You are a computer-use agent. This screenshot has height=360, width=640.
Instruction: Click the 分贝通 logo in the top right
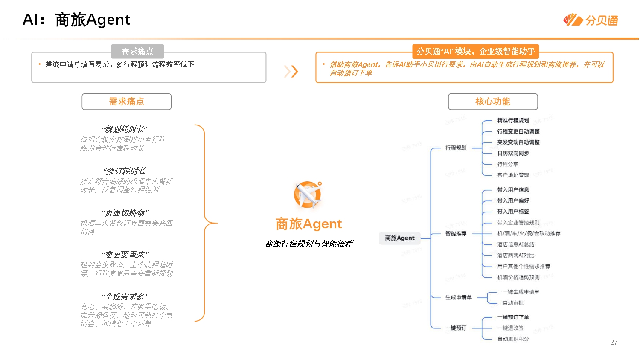591,20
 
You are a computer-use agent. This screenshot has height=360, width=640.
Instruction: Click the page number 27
614,342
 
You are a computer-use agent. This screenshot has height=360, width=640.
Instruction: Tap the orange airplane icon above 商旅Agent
308,195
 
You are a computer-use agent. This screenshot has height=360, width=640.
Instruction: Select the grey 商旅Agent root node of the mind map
399,238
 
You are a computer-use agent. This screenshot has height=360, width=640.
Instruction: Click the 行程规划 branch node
456,148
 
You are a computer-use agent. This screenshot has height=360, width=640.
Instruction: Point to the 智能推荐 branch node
456,233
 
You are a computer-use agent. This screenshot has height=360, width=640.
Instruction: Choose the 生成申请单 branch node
458,297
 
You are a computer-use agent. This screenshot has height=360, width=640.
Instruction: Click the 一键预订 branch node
456,328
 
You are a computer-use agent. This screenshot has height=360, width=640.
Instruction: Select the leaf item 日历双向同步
513,153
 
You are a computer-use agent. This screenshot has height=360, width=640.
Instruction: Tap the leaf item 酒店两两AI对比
515,255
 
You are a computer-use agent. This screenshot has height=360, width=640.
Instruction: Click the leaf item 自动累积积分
513,339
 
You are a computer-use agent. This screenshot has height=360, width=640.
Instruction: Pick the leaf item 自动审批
513,303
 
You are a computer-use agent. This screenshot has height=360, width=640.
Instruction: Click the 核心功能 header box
493,102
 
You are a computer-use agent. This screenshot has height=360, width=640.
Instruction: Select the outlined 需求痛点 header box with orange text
126,102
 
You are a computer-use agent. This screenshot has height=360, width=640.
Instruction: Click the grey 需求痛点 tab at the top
137,52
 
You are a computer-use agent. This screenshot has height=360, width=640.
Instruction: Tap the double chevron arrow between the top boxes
291,71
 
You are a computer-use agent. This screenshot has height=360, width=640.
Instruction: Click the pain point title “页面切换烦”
125,213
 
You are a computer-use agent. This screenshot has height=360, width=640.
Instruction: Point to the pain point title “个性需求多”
125,296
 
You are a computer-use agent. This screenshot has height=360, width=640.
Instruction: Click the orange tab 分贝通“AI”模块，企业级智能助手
475,52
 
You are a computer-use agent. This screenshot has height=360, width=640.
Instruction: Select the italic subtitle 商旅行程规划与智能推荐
309,244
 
